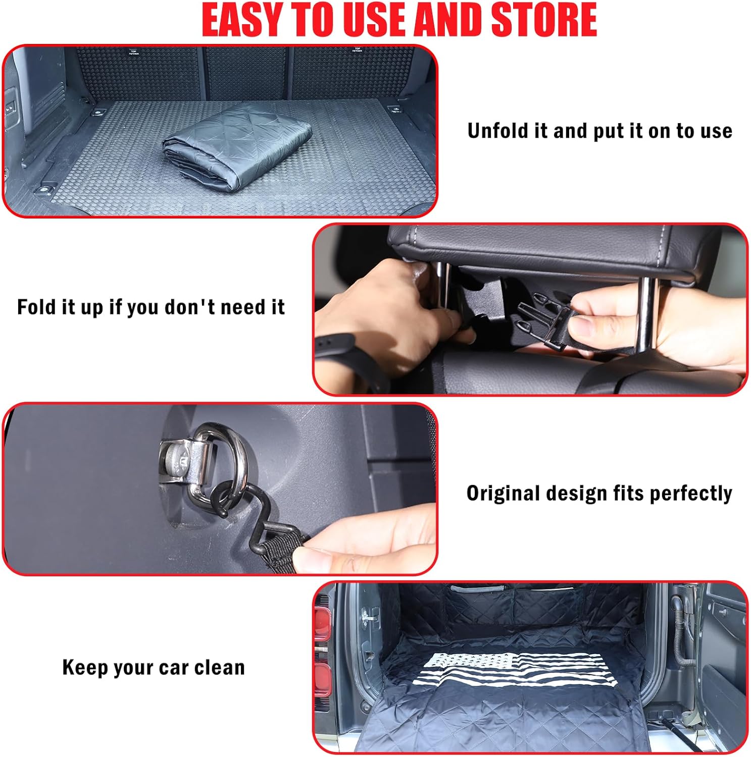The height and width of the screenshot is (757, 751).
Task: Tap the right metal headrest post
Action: (646, 313)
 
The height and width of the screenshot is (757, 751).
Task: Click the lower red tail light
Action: (322, 679)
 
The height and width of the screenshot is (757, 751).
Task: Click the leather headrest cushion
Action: (556, 247)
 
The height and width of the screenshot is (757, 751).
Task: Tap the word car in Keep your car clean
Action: (173, 667)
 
